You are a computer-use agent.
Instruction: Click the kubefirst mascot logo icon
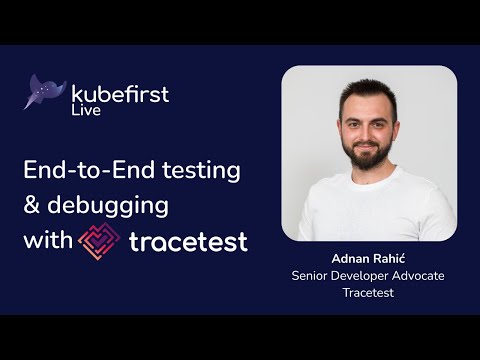point(44,91)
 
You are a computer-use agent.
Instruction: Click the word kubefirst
point(120,94)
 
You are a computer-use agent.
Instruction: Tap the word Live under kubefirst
point(85,111)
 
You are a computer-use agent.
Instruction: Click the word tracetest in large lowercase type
point(188,241)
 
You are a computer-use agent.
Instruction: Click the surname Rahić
point(385,257)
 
